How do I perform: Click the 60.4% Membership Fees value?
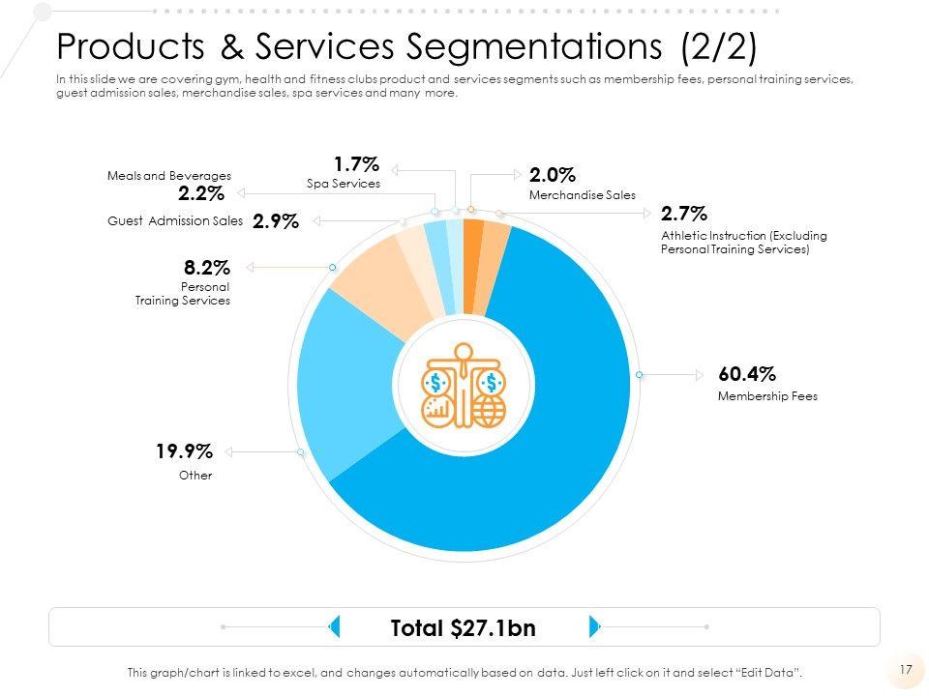(747, 374)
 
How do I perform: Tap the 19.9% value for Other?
(184, 451)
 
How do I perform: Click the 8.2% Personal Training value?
(206, 267)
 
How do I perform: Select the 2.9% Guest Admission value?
(275, 221)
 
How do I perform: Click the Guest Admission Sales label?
(175, 221)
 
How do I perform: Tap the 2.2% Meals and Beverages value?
(201, 193)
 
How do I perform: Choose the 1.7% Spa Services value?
(356, 163)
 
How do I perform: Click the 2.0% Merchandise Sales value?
(553, 175)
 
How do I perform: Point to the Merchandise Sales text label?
(583, 195)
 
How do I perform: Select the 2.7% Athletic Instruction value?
(684, 213)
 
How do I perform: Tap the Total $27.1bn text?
(463, 628)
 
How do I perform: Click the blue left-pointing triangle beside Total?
(333, 626)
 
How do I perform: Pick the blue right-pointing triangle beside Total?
(594, 626)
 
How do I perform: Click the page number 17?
(906, 669)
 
